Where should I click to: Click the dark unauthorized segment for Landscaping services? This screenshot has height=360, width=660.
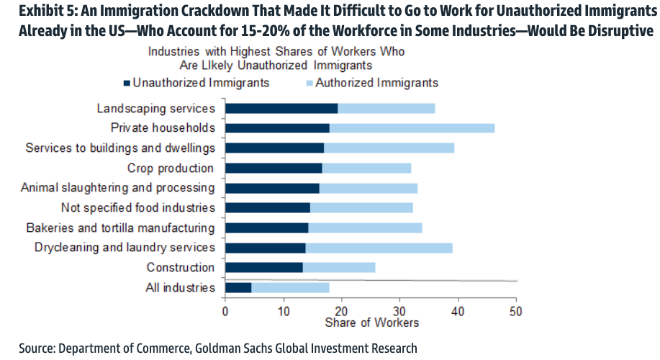point(281,109)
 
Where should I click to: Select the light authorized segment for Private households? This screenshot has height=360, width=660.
point(412,128)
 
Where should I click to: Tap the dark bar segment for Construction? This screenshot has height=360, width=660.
point(263,268)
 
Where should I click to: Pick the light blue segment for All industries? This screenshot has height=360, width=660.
point(290,288)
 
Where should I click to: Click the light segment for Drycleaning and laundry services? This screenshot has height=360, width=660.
point(379,248)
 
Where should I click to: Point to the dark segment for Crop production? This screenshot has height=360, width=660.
point(274,168)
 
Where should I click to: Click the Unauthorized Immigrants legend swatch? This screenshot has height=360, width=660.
point(127,83)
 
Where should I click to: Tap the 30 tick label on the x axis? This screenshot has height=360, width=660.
point(399,312)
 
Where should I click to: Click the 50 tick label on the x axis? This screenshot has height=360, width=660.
point(515,312)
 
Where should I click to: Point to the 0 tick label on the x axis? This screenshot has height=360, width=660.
point(225,312)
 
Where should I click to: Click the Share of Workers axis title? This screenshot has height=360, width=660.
point(371,323)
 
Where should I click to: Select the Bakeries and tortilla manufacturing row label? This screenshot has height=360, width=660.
point(120,228)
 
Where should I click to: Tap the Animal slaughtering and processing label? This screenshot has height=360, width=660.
point(117,188)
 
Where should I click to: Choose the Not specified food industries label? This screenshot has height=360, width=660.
point(138,208)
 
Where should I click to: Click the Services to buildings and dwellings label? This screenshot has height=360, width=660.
point(119,148)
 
